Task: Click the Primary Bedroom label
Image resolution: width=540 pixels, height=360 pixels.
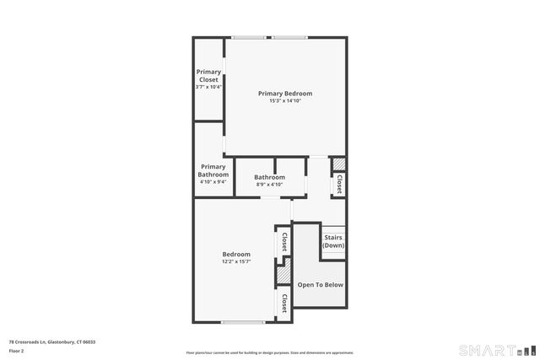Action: pyautogui.click(x=285, y=93)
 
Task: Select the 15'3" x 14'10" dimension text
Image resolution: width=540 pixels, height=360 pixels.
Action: pyautogui.click(x=285, y=100)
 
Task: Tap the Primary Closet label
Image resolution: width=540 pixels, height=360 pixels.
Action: pyautogui.click(x=208, y=76)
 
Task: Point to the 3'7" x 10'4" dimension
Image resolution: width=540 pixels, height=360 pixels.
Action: pyautogui.click(x=208, y=87)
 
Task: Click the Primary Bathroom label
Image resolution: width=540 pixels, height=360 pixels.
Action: pyautogui.click(x=213, y=170)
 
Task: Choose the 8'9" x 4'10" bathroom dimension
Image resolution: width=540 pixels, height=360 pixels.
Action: pyautogui.click(x=270, y=184)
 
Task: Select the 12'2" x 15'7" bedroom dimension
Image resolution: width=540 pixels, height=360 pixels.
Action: pyautogui.click(x=236, y=261)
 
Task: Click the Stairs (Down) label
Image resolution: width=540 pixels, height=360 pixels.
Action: pyautogui.click(x=333, y=241)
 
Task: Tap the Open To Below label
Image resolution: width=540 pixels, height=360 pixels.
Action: pyautogui.click(x=321, y=284)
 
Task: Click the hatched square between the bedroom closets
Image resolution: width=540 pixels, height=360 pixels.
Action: pyautogui.click(x=283, y=275)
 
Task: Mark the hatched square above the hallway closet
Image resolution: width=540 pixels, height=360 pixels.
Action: pyautogui.click(x=337, y=164)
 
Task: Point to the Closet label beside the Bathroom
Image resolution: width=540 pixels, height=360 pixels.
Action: pyautogui.click(x=339, y=185)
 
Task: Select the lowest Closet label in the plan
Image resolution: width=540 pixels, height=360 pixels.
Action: pyautogui.click(x=284, y=303)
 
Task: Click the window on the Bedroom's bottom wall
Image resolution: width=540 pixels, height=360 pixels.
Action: pyautogui.click(x=243, y=322)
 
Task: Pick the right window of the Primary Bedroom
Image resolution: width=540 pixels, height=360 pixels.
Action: pyautogui.click(x=289, y=37)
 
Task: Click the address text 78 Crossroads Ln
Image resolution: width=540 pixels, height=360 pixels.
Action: pyautogui.click(x=52, y=341)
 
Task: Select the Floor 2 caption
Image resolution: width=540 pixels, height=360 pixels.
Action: pyautogui.click(x=17, y=350)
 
